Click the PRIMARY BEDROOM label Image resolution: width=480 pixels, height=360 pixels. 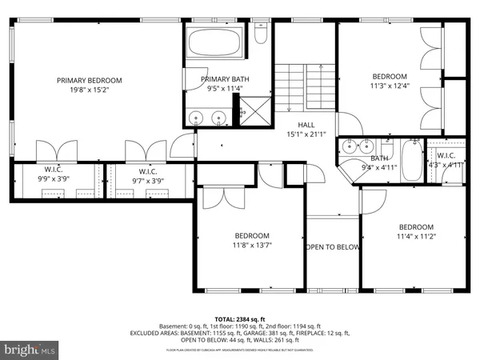pos(89,80)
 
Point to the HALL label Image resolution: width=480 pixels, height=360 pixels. pos(306,125)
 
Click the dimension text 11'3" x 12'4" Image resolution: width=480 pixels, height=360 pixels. pos(389,86)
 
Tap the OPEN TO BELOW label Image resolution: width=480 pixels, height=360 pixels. pos(332,247)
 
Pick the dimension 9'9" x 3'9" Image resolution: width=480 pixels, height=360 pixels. pos(54,181)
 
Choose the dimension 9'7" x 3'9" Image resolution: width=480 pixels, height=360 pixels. pos(147,181)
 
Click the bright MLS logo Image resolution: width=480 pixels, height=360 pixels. pos(31,350)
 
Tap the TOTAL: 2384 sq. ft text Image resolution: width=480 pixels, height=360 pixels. pos(239,318)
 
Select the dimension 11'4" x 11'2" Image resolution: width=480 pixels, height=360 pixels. pos(416,236)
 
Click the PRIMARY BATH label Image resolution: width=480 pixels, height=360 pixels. pos(224,79)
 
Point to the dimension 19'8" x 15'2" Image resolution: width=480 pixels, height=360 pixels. pos(89,90)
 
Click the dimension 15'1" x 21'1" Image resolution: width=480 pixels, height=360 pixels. pos(306,134)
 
